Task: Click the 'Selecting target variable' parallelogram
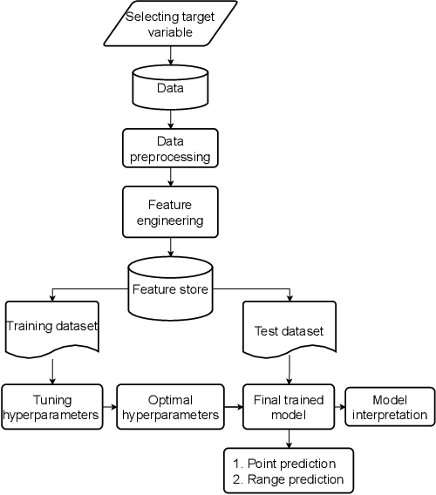tap(169, 24)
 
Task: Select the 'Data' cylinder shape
tap(169, 89)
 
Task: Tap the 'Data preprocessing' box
tap(169, 148)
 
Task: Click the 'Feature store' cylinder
tap(169, 288)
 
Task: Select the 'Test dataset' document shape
tap(287, 331)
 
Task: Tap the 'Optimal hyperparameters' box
tap(167, 406)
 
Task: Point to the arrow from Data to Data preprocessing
tap(169, 119)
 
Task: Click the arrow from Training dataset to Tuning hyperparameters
tap(54, 370)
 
